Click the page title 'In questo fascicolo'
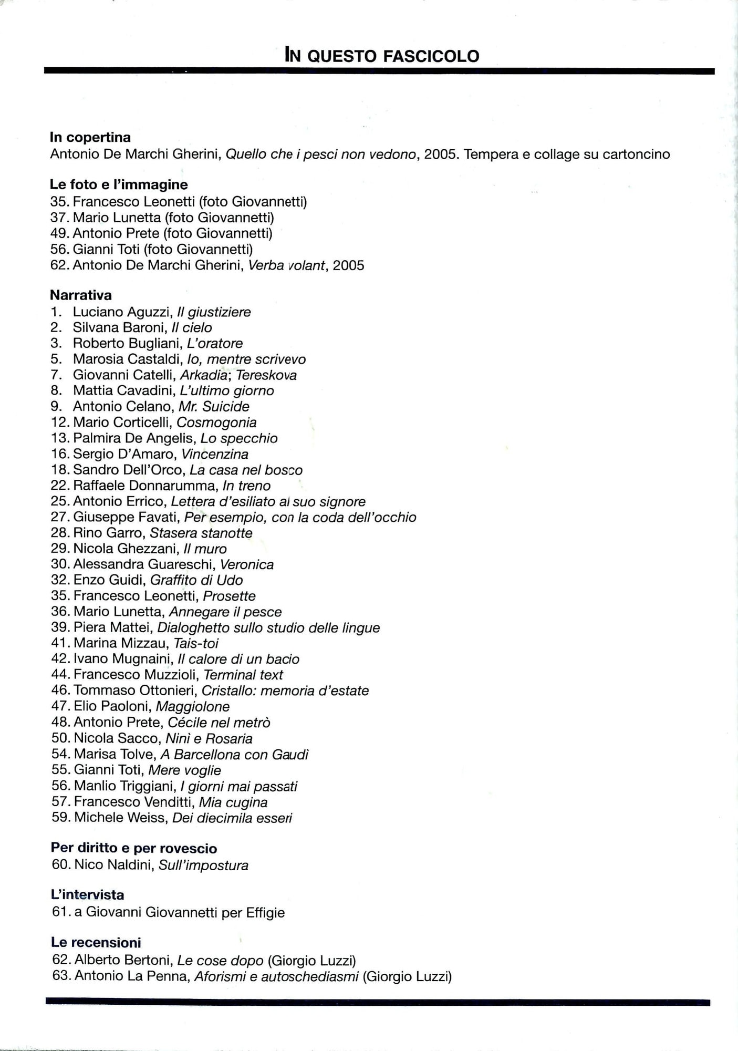coord(382,55)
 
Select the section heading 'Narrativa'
coord(81,295)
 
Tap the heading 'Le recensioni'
coord(96,942)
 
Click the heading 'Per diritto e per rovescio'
coord(134,848)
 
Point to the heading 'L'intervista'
coord(88,895)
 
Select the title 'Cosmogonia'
coord(216,423)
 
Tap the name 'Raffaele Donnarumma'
coord(145,486)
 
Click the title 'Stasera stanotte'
coord(201,533)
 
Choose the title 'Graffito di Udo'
coord(196,580)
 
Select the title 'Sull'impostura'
coord(203,865)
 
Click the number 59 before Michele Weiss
coord(60,818)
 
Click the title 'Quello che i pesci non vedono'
coord(320,154)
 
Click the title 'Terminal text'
coord(243,675)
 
